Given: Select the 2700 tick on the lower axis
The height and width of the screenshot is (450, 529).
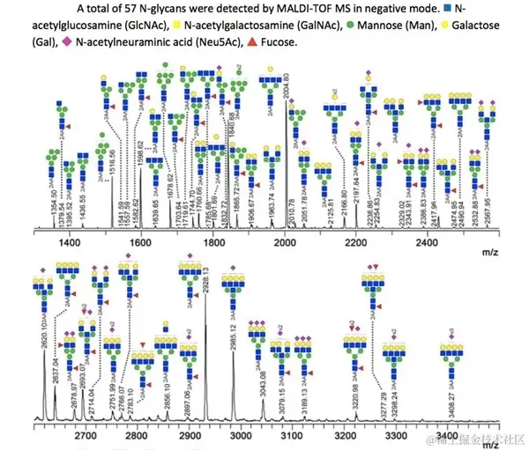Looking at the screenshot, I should coord(86,434).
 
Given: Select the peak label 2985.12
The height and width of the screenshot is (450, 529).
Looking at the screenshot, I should coord(236,327).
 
